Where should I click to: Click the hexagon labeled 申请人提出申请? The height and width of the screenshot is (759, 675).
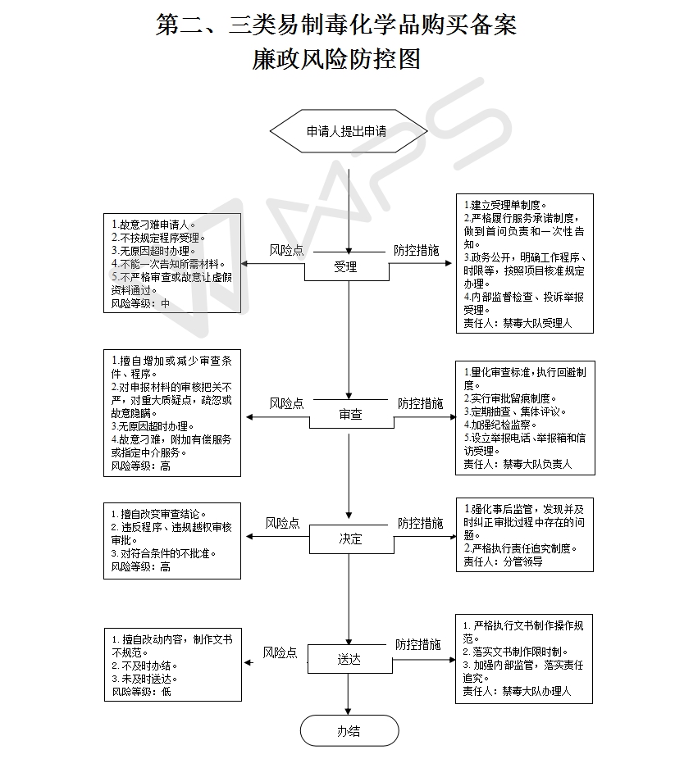(349, 130)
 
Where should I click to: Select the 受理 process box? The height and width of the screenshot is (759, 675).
(346, 266)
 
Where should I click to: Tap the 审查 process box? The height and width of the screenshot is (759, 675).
(350, 415)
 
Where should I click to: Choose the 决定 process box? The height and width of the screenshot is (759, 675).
(350, 539)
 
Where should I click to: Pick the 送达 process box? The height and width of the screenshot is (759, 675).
(349, 660)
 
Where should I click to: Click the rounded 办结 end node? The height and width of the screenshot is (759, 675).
(349, 731)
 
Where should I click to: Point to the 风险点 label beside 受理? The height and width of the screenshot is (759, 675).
(286, 249)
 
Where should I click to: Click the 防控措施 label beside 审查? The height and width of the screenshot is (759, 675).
(421, 403)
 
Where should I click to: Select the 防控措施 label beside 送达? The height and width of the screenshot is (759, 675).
(418, 644)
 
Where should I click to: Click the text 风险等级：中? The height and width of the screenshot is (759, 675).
(141, 302)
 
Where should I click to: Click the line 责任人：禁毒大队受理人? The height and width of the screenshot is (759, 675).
(518, 323)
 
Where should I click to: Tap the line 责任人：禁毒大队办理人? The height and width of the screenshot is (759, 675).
(517, 691)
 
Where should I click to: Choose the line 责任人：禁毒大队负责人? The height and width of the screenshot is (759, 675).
(518, 464)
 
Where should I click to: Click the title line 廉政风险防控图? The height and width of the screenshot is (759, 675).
(337, 59)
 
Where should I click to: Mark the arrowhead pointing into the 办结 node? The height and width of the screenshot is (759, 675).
(349, 710)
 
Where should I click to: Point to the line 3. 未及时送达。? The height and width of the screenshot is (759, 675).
(145, 678)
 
